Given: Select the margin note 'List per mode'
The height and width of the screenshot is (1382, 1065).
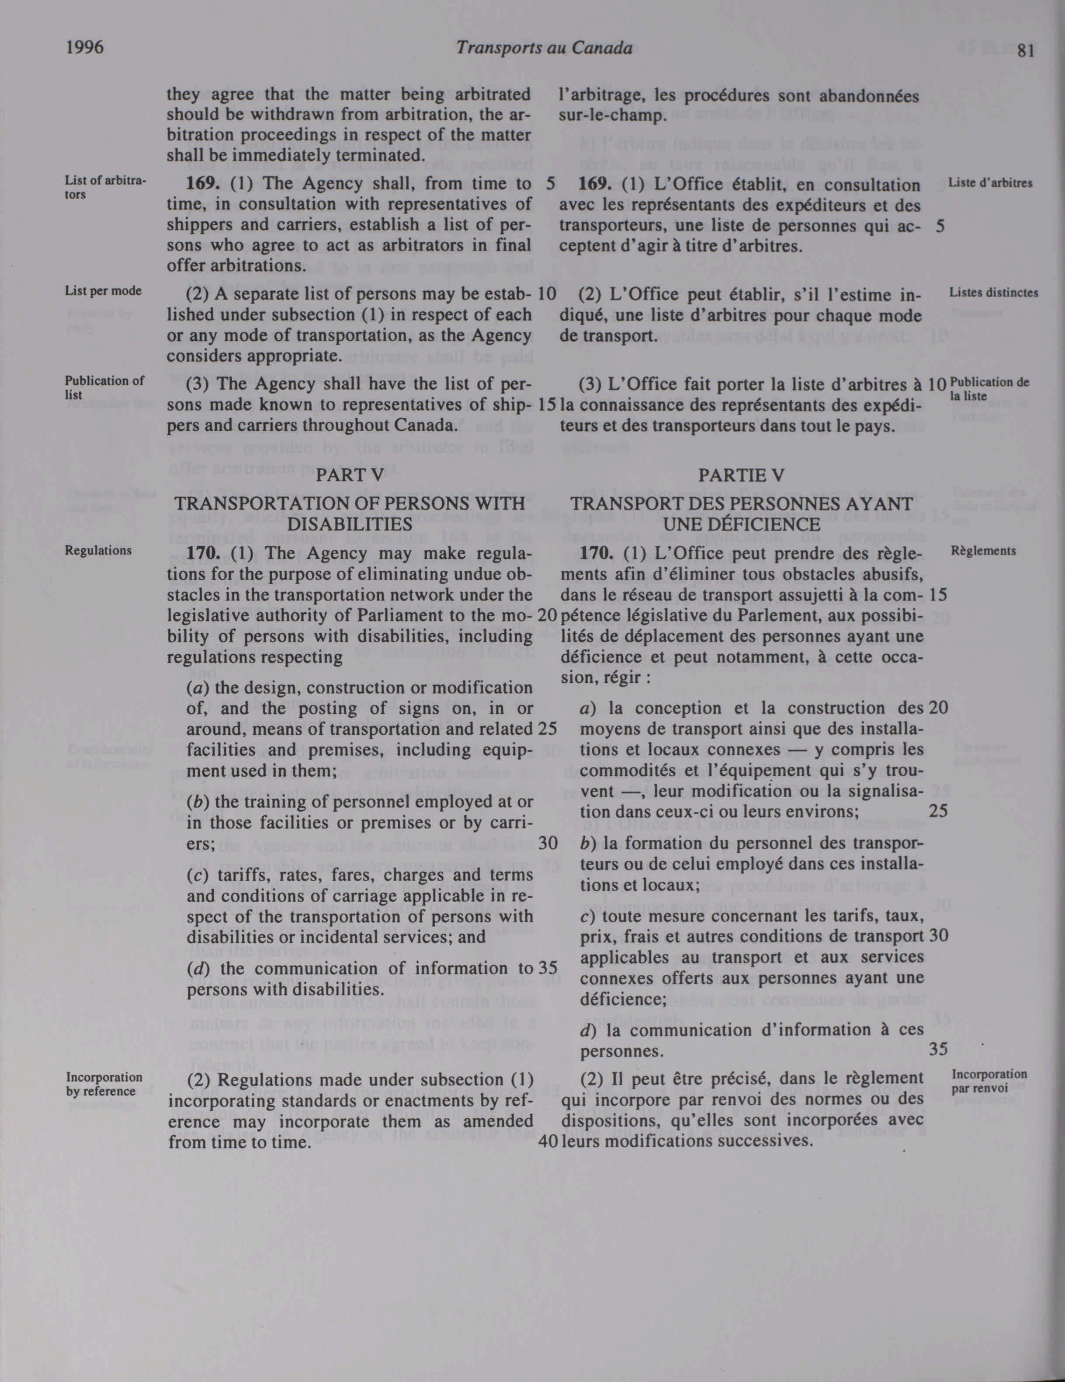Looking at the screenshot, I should pos(103,291).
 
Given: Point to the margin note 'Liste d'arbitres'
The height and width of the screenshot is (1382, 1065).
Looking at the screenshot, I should pos(990,184).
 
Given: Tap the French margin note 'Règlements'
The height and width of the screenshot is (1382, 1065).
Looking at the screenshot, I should pos(983,551).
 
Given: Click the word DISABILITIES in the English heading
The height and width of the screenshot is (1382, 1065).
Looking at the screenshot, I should pos(350,524).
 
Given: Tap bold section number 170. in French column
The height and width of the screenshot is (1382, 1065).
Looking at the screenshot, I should pos(594,553).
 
